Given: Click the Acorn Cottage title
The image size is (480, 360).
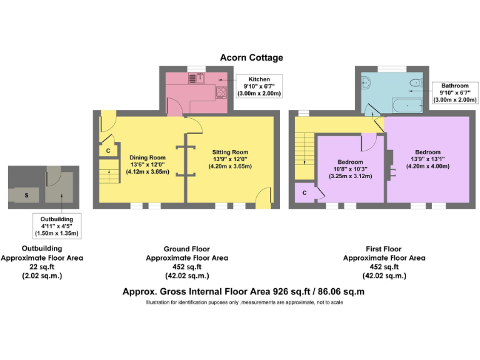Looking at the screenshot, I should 251,57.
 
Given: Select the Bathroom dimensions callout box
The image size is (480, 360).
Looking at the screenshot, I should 454,92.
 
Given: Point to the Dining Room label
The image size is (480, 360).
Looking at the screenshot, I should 147,164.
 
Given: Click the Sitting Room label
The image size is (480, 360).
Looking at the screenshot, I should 231,159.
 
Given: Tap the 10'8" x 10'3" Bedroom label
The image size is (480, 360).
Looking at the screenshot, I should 351,169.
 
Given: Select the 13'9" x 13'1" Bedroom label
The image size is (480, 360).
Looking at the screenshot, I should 427,159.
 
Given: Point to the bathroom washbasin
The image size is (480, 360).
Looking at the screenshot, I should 415,82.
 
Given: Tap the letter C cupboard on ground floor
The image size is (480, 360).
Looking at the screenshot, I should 107,151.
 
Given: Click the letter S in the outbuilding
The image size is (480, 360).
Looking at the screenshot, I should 26,196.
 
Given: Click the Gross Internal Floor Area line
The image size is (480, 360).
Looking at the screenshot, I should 244,291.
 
